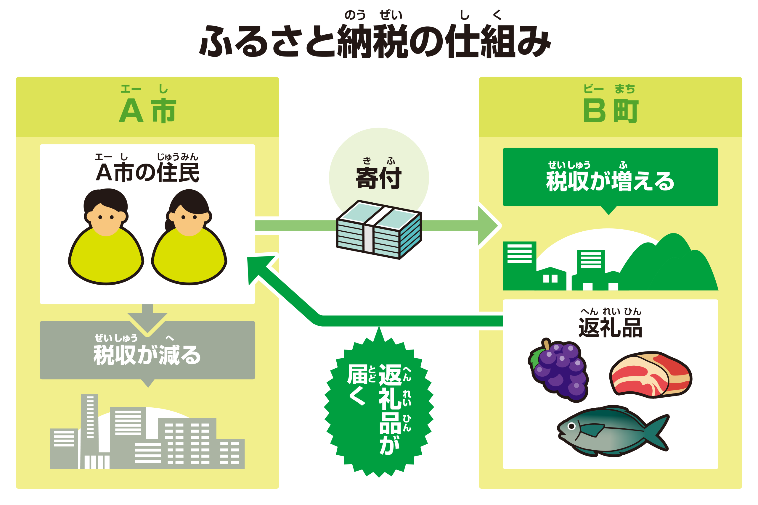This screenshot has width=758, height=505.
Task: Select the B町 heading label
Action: (610, 110)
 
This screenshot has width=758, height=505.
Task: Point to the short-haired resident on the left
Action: (106, 238)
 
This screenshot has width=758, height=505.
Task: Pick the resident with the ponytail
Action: (189, 238)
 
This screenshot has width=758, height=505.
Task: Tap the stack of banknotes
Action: (379, 229)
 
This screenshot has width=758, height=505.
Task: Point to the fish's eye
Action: (571, 426)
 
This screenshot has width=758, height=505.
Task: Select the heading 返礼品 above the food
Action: (610, 327)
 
